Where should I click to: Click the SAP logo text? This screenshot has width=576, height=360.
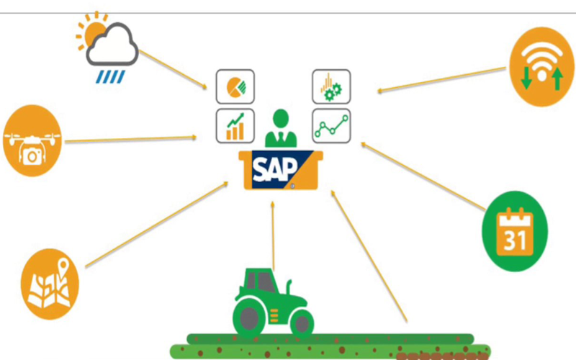tap(273, 170)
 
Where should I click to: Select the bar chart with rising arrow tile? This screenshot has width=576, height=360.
tap(235, 126)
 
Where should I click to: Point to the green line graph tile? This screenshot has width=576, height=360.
tap(331, 126)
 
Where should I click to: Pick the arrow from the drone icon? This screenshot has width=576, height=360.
tap(130, 139)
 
